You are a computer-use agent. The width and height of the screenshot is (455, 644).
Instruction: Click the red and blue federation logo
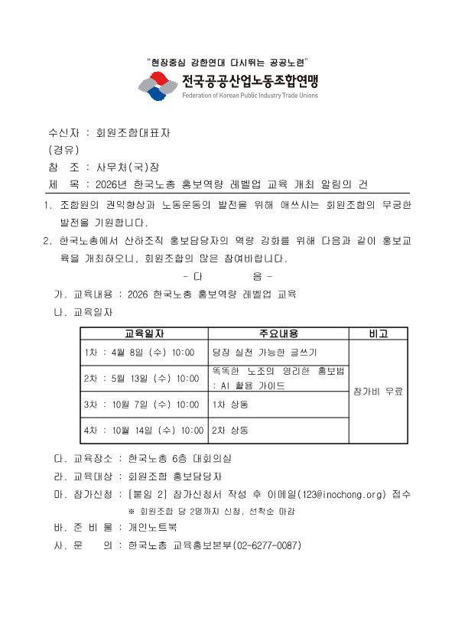point(158,86)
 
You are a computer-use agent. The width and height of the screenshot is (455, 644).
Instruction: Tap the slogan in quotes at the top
point(227,62)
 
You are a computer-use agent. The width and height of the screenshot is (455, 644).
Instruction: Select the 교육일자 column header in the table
point(145,333)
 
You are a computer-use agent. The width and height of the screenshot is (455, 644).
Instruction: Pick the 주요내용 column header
point(278,333)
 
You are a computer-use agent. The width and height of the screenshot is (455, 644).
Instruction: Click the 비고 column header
point(378,333)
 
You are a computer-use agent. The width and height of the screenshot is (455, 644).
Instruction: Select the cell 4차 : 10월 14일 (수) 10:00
point(144,431)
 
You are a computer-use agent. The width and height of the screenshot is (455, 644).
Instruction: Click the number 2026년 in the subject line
point(112,184)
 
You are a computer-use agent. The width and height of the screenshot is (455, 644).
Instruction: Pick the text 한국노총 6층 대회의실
point(180,459)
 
